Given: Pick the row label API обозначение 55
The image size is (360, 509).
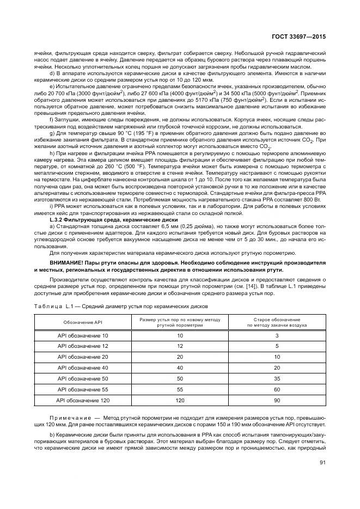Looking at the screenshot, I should coord(83,390).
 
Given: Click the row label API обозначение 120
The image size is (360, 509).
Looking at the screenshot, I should coord(83,401).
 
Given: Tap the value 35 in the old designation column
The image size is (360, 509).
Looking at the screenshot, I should coord(277,378).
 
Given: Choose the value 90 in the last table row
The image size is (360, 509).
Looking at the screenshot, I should coord(277,401).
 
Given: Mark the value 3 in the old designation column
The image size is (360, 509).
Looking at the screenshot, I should coord(277,335).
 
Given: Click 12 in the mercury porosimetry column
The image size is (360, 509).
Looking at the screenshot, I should coord(180,346).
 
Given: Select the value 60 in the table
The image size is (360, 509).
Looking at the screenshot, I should coord(277,390).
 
